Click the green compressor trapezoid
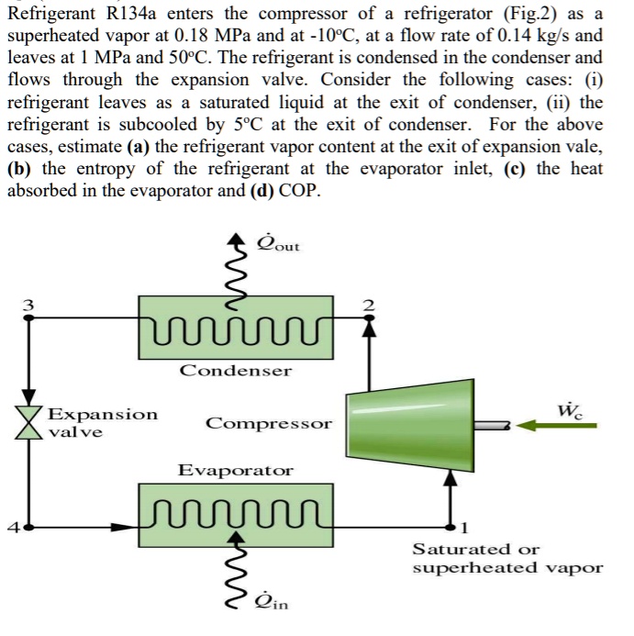(x=409, y=424)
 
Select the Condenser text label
(x=235, y=371)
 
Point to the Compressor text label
(x=268, y=424)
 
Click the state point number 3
(x=28, y=304)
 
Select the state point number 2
(x=370, y=305)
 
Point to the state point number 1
(x=464, y=528)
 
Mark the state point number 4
(x=13, y=528)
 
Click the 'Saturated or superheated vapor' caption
(x=507, y=558)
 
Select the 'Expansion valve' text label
(x=102, y=422)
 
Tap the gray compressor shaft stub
(x=492, y=425)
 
